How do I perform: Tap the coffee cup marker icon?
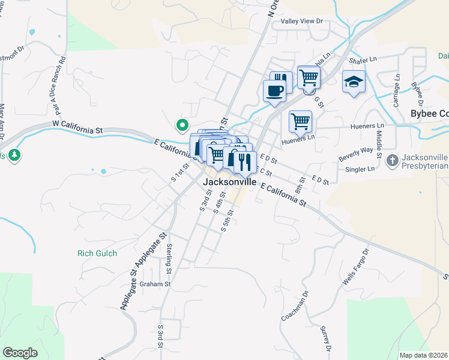pos(274,91)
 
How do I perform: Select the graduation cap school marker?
pos(354,82)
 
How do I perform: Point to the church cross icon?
pos(392,160)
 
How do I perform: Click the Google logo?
pos(20,353)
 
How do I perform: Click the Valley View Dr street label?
pos(302,22)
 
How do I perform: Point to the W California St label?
pos(78,127)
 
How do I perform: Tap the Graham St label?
pos(156,284)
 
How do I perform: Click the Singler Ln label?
pos(360,169)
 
